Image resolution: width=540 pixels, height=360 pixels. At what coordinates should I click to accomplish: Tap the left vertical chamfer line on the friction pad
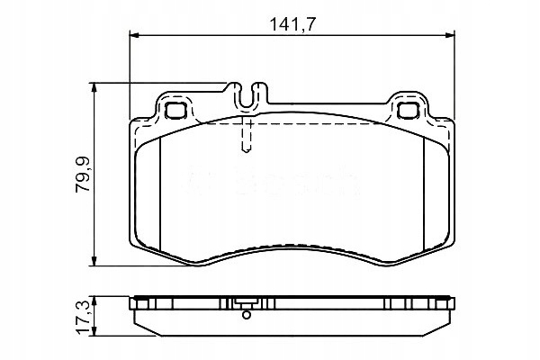[x=158, y=193]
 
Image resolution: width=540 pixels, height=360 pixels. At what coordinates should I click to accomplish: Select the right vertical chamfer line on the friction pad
[x=424, y=193]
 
